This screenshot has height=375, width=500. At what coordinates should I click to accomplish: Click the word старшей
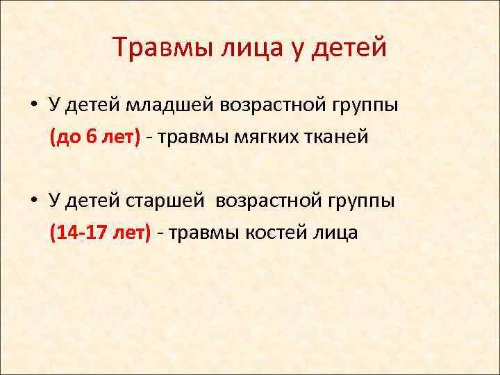tap(165, 201)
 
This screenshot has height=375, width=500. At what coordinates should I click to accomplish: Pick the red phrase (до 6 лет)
tap(94, 137)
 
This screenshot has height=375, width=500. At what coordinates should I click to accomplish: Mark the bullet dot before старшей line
tap(33, 201)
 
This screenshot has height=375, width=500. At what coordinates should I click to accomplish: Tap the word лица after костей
tap(335, 232)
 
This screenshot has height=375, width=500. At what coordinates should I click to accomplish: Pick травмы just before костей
tap(202, 232)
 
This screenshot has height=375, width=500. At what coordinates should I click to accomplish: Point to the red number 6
tap(92, 137)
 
